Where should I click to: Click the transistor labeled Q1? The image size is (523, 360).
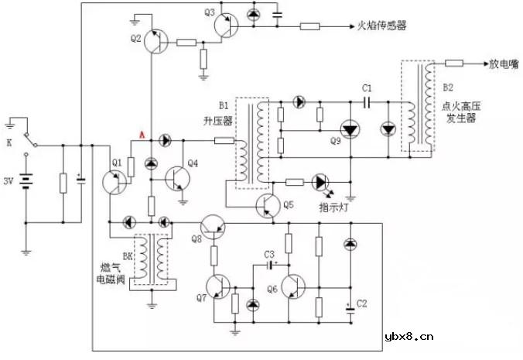[115, 180]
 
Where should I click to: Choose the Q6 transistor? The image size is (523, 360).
[293, 286]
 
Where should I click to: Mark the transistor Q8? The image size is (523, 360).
[214, 225]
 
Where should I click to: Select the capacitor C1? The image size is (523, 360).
[367, 101]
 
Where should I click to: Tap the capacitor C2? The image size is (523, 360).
[350, 305]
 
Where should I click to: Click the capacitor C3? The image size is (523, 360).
[270, 264]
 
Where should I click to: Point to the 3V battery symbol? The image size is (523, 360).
[28, 183]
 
